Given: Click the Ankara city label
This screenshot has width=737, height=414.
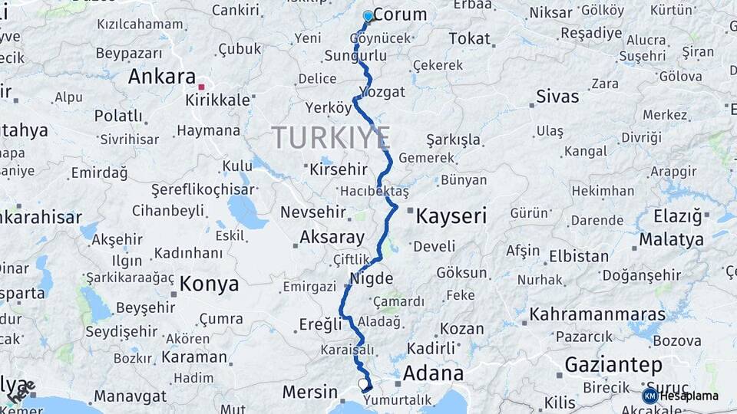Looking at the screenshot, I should tap(162, 77).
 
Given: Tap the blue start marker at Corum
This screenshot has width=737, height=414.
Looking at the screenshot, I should tap(368, 16).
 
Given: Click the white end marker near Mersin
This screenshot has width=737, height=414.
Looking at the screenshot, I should tap(362, 383).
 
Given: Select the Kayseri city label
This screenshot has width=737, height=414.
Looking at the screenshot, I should tap(451, 217).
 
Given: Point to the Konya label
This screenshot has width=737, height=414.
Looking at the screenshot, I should tap(209, 284).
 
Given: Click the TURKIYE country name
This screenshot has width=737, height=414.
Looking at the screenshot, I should tap(331, 138).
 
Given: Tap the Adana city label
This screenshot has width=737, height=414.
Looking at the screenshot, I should tap(433, 373).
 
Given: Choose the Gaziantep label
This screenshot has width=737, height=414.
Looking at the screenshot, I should tap(613, 364).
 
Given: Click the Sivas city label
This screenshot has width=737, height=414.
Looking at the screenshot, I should tap(557, 97).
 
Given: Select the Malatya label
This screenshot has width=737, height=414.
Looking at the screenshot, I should tap(671, 239).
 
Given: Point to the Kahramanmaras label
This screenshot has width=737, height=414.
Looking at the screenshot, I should tap(597, 314).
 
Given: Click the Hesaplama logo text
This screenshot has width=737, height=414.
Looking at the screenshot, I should tap(689, 396).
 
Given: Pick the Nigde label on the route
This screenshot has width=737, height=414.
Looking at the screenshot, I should tap(372, 278).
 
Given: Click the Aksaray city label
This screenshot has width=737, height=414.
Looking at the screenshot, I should tap(332, 237).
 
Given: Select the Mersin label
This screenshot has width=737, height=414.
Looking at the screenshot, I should tap(310, 392).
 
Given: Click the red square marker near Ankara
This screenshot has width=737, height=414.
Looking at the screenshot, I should tap(201, 87).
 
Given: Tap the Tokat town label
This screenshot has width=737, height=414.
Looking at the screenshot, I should tap(469, 38).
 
